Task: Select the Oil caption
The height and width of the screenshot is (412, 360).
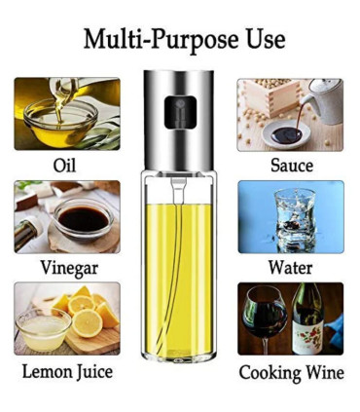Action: tap(65, 166)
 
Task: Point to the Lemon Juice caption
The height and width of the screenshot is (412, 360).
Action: tap(67, 371)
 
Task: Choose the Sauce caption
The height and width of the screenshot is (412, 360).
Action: tap(290, 166)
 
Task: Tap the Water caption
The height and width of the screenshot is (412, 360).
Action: tap(290, 267)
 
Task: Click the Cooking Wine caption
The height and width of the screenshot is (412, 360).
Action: tap(290, 371)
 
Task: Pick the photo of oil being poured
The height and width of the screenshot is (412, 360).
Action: tap(67, 114)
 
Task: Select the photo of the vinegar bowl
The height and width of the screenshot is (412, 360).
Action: tap(67, 216)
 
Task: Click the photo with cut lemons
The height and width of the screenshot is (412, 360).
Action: tap(67, 318)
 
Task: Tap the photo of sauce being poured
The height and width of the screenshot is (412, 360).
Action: tap(290, 114)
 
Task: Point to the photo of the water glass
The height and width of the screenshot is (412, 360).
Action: tap(290, 216)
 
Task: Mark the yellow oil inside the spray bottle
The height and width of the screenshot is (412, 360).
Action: tap(179, 273)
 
